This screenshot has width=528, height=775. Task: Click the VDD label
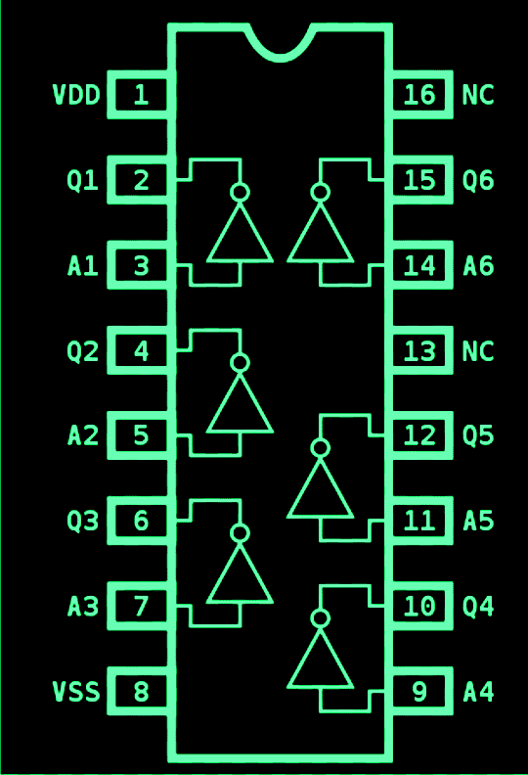pyautogui.click(x=76, y=95)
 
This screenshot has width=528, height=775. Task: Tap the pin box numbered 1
pyautogui.click(x=142, y=95)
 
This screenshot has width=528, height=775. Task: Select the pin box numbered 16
pyautogui.click(x=419, y=95)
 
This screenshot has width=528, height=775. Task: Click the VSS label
pyautogui.click(x=76, y=693)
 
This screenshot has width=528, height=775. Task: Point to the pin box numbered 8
pyautogui.click(x=142, y=693)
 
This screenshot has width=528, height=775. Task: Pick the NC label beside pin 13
pyautogui.click(x=478, y=351)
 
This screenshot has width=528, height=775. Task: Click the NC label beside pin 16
pyautogui.click(x=478, y=95)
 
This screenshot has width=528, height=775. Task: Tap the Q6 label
pyautogui.click(x=478, y=181)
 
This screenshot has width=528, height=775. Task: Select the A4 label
pyautogui.click(x=478, y=693)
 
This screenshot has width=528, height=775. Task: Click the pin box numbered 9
pyautogui.click(x=419, y=693)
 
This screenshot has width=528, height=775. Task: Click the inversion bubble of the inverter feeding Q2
pyautogui.click(x=240, y=363)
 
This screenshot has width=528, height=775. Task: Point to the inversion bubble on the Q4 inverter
pyautogui.click(x=320, y=618)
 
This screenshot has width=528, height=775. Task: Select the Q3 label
pyautogui.click(x=83, y=522)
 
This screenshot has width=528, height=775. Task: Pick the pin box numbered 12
pyautogui.click(x=419, y=435)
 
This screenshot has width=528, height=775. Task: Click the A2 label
pyautogui.click(x=83, y=435)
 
